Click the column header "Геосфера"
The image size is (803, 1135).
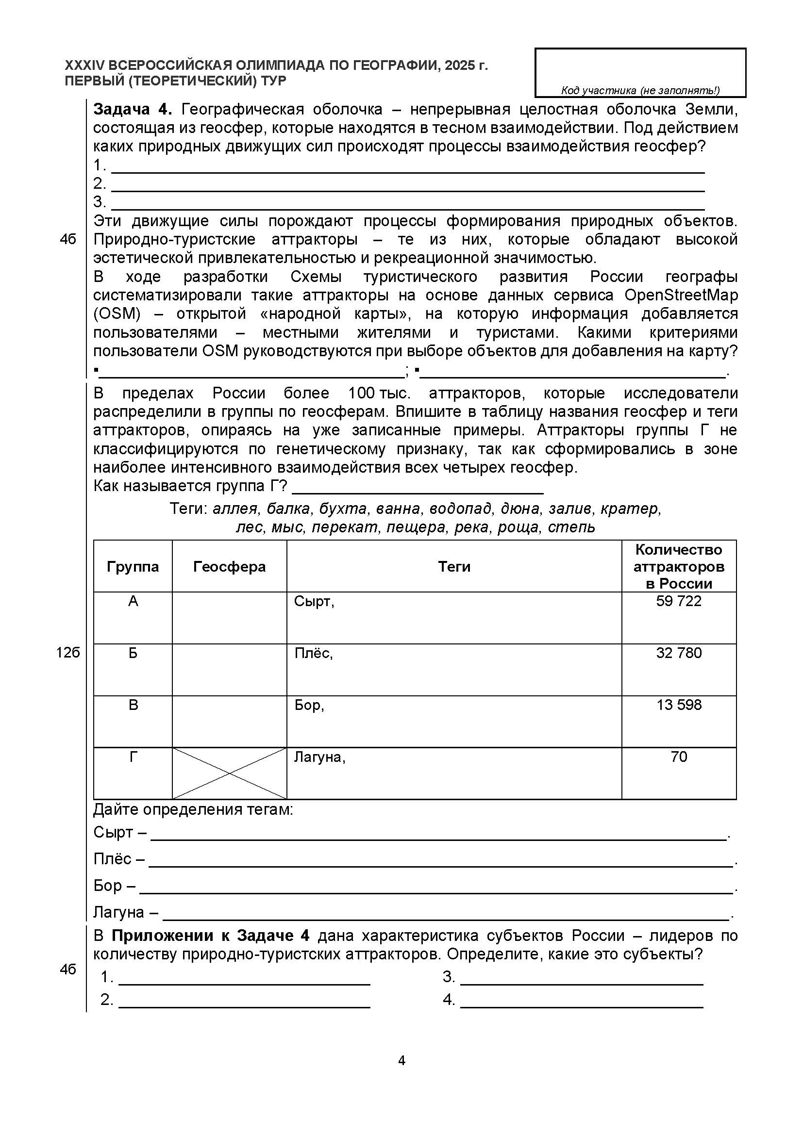[x=229, y=566]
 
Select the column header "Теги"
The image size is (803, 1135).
[x=454, y=566]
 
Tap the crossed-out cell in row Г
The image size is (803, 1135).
[x=229, y=773]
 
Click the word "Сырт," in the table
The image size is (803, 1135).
[x=314, y=602]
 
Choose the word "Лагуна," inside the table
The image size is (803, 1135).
[x=319, y=757]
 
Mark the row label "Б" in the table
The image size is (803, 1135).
[x=133, y=653]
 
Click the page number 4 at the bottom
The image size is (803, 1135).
[x=401, y=1060]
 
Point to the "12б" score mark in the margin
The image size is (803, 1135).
[x=68, y=653]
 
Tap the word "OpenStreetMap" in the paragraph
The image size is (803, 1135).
[x=681, y=295]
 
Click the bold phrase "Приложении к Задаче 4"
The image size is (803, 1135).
[x=210, y=936]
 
